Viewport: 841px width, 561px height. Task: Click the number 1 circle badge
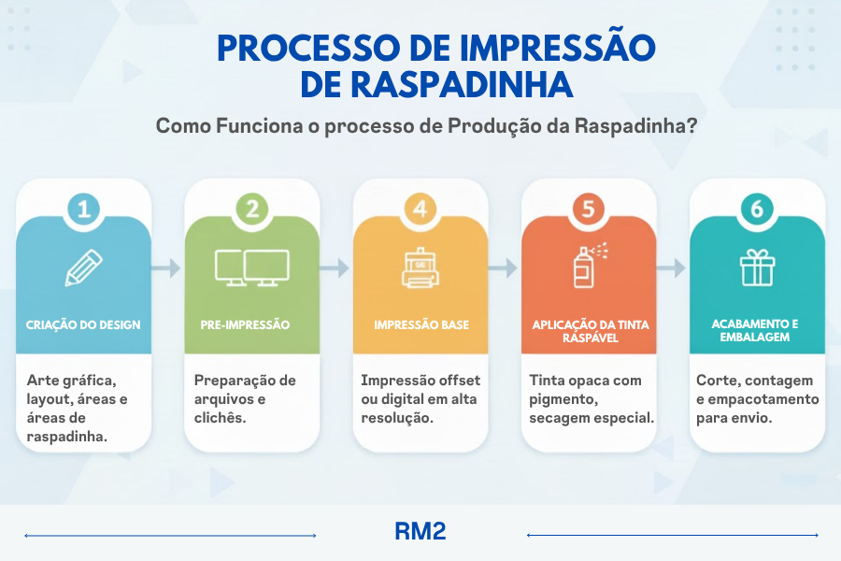[x=84, y=209]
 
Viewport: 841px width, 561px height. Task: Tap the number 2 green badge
[x=252, y=209]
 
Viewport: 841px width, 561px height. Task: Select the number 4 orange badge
[x=420, y=209]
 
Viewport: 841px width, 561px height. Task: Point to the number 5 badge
[x=589, y=209]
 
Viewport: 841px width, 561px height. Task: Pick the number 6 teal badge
[x=757, y=209]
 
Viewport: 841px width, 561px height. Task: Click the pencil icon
[x=84, y=267]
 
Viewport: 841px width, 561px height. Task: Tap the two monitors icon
[x=252, y=267]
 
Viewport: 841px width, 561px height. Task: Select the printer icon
[x=420, y=267]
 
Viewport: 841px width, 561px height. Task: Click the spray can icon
[x=589, y=266]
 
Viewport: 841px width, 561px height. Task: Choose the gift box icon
[x=757, y=267]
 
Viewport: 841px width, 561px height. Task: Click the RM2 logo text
[x=420, y=531]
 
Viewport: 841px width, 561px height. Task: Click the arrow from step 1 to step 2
[x=166, y=267]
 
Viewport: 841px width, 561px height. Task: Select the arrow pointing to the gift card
[x=672, y=267]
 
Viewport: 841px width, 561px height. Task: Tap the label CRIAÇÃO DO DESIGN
[x=83, y=324]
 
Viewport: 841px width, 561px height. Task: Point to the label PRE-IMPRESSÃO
[x=245, y=324]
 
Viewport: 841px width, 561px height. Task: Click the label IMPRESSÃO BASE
[x=421, y=324]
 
